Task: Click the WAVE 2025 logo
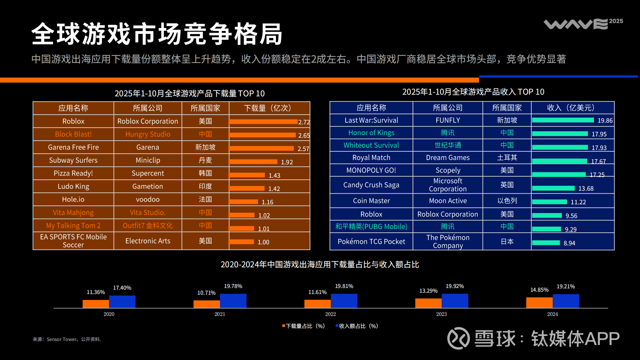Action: tap(583, 24)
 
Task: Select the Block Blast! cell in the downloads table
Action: tap(73, 134)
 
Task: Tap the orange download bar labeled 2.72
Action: tap(263, 122)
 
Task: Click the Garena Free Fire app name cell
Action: tap(73, 147)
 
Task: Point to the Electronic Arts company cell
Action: tap(148, 241)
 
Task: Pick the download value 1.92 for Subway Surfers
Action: tap(287, 162)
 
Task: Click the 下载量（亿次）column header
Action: tap(269, 108)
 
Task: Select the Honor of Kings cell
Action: tap(371, 133)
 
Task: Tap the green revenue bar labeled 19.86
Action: tap(563, 120)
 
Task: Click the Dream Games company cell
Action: tap(448, 158)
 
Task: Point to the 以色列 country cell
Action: tap(507, 201)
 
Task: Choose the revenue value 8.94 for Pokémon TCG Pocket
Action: tap(569, 243)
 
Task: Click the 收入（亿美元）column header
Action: tap(572, 108)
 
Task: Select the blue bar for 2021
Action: tap(233, 301)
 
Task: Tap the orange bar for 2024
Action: tap(539, 303)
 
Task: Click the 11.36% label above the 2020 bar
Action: tap(96, 292)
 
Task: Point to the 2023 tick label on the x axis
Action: tap(441, 314)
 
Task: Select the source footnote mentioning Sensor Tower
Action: tap(67, 339)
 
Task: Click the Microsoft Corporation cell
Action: tap(448, 185)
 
